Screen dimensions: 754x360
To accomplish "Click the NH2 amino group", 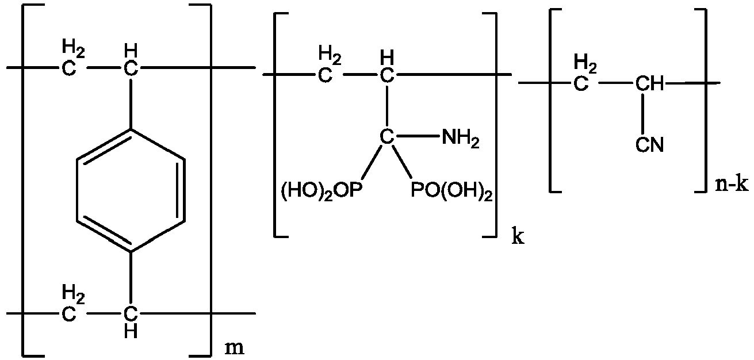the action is [460, 139].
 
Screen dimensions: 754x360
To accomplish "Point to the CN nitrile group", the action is [649, 145].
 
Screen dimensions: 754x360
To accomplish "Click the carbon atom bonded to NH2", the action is [386, 137].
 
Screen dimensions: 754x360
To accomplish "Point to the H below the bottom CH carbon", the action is [131, 332].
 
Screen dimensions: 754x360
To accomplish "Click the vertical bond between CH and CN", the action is [649, 113].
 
